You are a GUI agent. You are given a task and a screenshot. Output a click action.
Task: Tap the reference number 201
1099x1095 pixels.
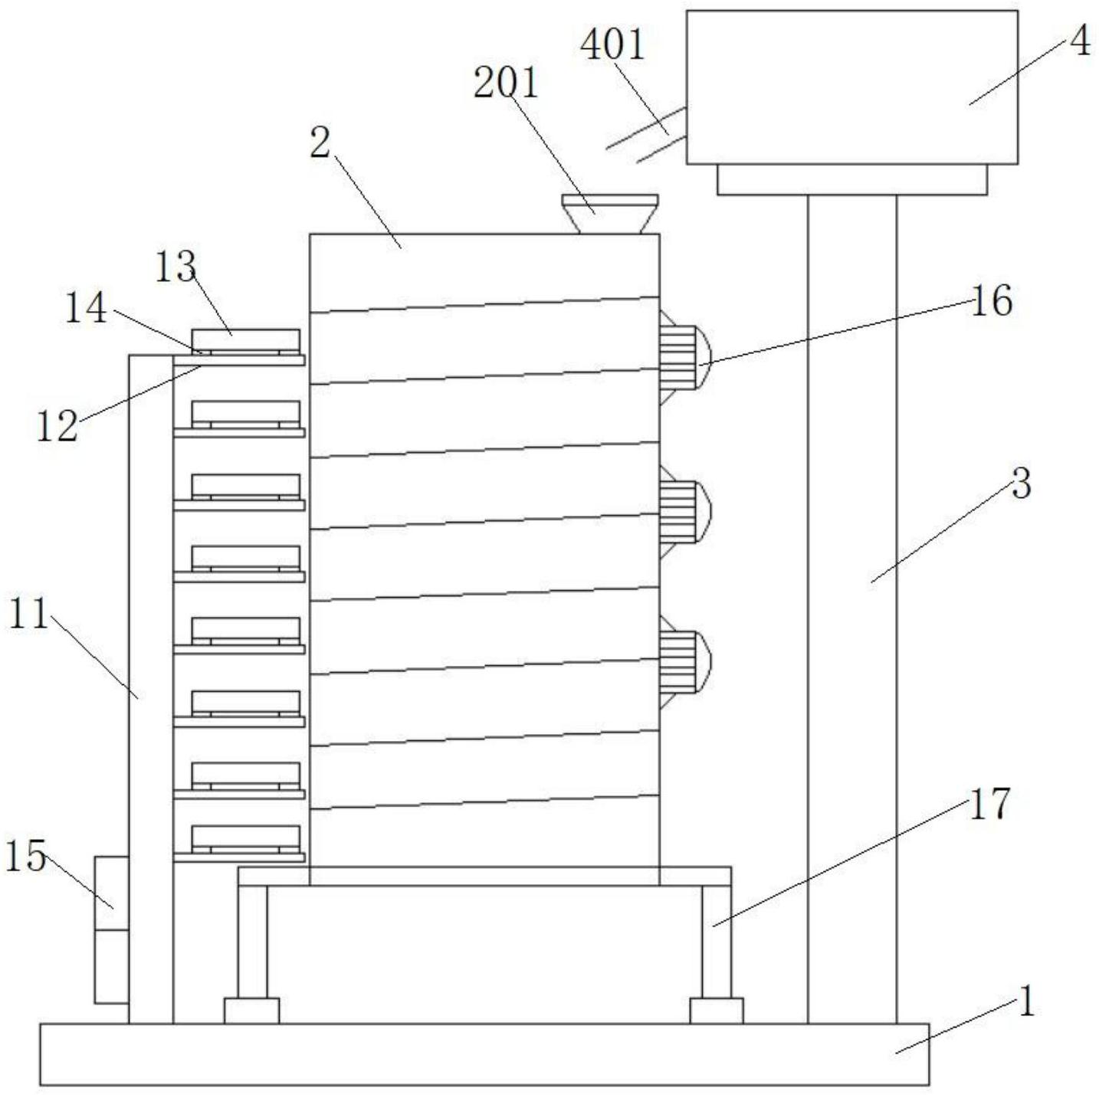point(506,84)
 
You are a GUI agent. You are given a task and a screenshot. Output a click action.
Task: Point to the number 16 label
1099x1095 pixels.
point(992,300)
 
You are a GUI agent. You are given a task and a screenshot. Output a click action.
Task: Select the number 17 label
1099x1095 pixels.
point(989,803)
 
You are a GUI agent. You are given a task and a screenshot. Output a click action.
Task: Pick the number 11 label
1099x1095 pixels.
point(28,615)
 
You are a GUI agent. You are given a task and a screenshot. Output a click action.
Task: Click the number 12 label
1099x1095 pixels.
point(57,426)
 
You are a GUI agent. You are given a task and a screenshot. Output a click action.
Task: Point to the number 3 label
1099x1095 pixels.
point(1021,484)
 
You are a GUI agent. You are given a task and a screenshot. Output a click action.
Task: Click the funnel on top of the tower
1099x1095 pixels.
point(610,214)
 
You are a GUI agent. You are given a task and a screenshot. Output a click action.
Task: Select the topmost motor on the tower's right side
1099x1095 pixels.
point(684,358)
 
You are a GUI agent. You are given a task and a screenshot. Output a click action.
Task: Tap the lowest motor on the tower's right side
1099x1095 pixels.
point(684,662)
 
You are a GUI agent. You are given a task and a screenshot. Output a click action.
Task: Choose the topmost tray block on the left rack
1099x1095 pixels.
point(246,340)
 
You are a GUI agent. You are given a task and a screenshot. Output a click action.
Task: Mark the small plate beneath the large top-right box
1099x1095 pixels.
point(852,179)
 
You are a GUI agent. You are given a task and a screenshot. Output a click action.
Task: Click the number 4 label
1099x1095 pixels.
point(1081,43)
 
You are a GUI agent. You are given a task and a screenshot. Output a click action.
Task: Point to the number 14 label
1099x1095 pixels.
point(86,309)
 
